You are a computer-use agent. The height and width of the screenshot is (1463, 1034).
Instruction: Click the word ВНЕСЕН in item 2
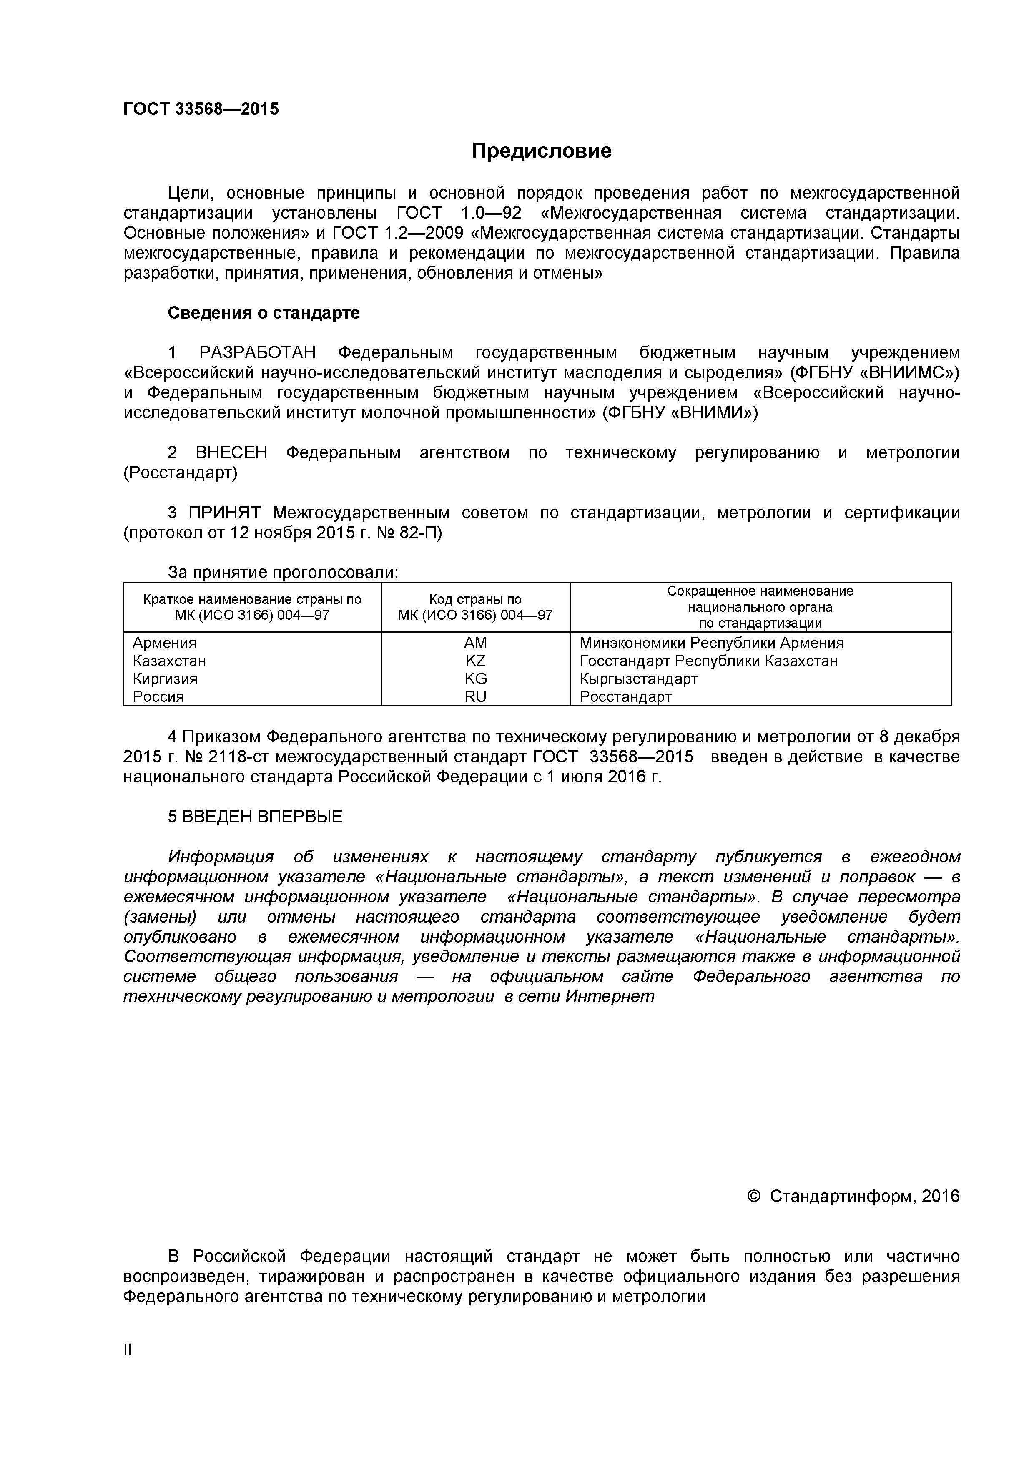[231, 453]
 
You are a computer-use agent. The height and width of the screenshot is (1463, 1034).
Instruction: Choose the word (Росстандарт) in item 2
[180, 473]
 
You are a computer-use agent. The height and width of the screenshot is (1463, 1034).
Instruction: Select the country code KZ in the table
[475, 661]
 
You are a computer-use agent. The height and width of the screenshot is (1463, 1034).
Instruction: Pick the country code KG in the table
[475, 679]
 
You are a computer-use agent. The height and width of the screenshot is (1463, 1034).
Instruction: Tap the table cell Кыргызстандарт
[638, 679]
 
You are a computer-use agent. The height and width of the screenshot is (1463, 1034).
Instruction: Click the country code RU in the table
[475, 696]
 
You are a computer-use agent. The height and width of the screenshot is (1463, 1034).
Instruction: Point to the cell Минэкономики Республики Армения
[711, 643]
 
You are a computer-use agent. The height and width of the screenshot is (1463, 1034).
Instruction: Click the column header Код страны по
[475, 599]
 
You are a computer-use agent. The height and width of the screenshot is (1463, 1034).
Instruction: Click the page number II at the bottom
[128, 1350]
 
